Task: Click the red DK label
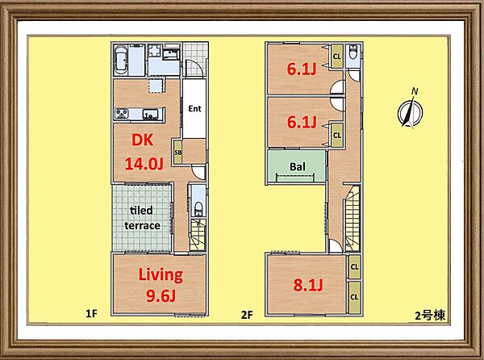tap(142, 140)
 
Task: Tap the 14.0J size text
tap(144, 164)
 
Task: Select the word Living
tap(161, 274)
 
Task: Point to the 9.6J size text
tap(161, 296)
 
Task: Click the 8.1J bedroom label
tap(308, 285)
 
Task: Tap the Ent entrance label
tap(194, 109)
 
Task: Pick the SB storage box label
tap(177, 153)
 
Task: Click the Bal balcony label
tap(297, 167)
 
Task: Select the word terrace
tap(142, 226)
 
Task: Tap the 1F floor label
tap(91, 314)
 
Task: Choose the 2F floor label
tap(247, 315)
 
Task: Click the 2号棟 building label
tap(430, 316)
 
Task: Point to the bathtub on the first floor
tap(121, 61)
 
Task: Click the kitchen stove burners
tap(121, 114)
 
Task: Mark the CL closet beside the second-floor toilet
tap(336, 57)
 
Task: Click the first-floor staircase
tap(198, 235)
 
